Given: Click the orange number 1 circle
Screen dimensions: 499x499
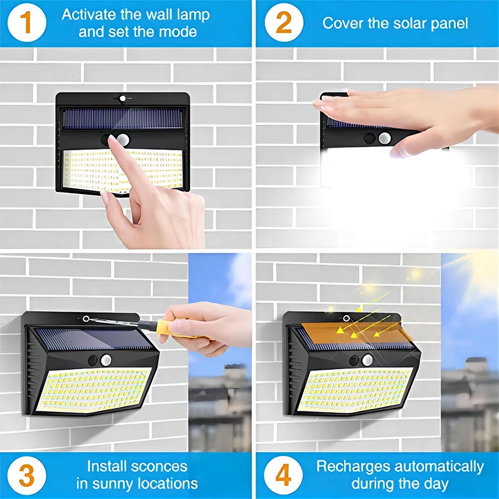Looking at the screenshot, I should (25, 23).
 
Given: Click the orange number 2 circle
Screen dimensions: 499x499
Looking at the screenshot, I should (283, 23).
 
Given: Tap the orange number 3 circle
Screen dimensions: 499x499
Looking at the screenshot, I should (25, 475).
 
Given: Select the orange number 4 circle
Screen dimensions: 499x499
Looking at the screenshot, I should (283, 475).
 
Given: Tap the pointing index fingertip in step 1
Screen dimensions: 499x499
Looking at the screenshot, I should (113, 141).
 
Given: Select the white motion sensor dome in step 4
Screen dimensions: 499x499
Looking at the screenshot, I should (367, 360).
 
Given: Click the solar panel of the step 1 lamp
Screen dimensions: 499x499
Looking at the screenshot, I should (123, 118).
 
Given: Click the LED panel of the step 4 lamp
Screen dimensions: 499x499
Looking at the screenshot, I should (355, 390).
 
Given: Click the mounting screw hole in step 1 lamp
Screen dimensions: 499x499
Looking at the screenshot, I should (123, 98).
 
